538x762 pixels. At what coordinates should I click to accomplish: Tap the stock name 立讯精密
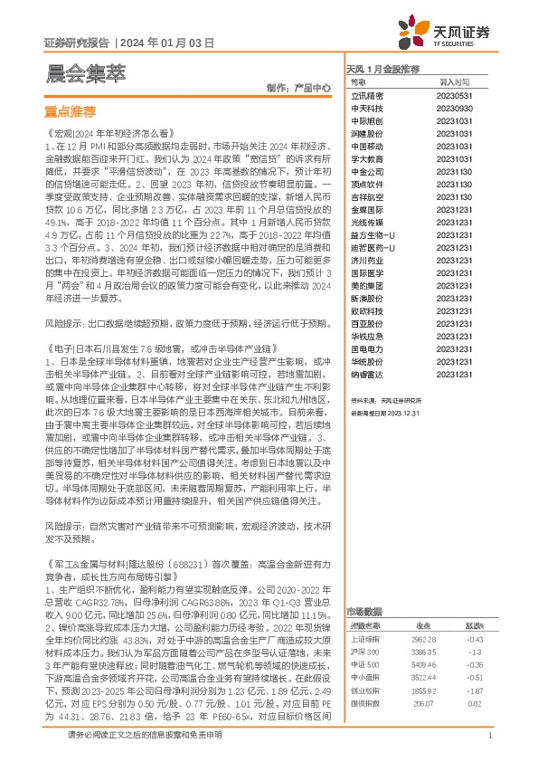pyautogui.click(x=367, y=94)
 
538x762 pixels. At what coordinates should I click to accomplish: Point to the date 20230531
pyautogui.click(x=451, y=94)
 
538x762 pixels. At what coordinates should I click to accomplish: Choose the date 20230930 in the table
pyautogui.click(x=451, y=107)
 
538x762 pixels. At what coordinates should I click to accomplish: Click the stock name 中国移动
pyautogui.click(x=367, y=145)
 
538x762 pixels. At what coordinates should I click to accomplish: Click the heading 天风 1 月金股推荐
pyautogui.click(x=383, y=68)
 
